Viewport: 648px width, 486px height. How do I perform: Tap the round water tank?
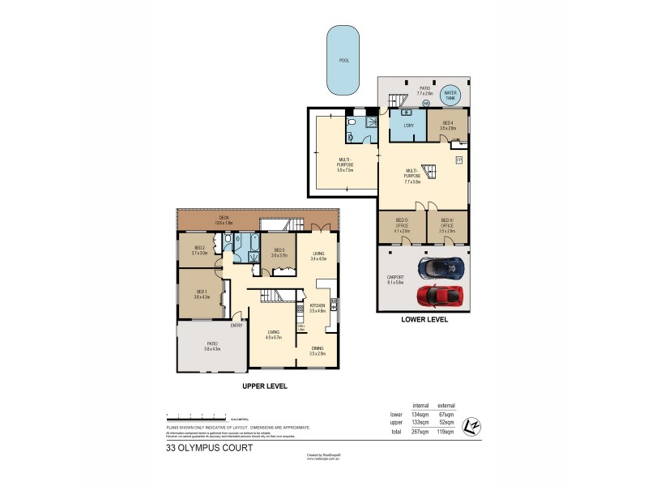[x=451, y=95]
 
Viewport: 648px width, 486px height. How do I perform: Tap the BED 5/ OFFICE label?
[x=400, y=225]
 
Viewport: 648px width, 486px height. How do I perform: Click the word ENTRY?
[x=237, y=326]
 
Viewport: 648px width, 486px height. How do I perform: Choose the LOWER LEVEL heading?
[x=424, y=320]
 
